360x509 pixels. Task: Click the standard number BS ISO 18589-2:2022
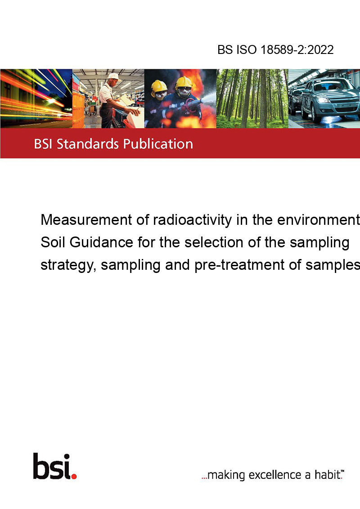[275, 50]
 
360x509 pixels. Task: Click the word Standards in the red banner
[88, 144]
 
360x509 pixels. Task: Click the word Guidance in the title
[101, 242]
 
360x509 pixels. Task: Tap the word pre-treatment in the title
[239, 265]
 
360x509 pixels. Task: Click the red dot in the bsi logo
[74, 477]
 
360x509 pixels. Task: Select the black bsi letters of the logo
[52, 466]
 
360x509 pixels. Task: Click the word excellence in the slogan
[275, 475]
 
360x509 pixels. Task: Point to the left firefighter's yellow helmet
[159, 86]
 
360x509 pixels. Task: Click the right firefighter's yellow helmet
[184, 82]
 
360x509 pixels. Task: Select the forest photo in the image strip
[252, 98]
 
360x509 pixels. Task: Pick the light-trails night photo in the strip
[36, 98]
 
